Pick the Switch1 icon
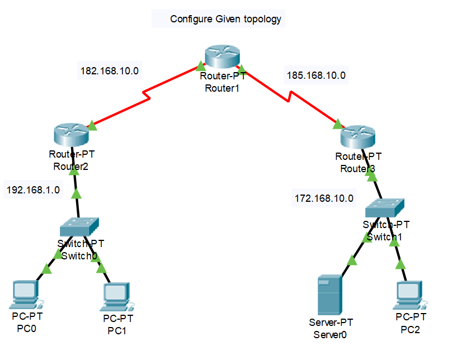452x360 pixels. (384, 209)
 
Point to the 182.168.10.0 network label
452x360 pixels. (110, 71)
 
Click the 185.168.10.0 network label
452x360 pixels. (316, 74)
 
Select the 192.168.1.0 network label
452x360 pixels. (33, 190)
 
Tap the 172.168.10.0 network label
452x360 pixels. (324, 198)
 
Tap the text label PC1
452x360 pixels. (117, 330)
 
